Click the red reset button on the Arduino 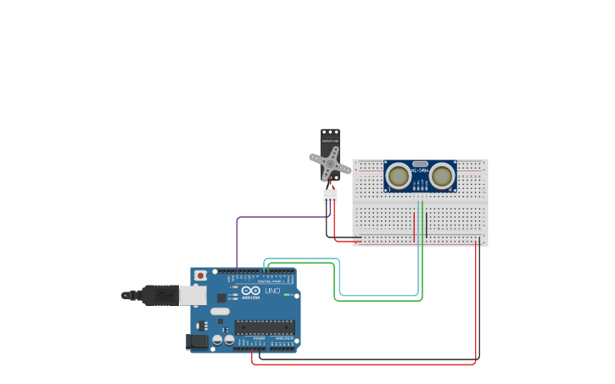200,275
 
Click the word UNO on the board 272,291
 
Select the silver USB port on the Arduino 193,295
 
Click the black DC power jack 196,342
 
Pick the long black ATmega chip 265,327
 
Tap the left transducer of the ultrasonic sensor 397,175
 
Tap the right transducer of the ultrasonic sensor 441,175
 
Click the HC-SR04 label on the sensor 419,170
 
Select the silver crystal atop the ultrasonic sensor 420,163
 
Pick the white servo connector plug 330,196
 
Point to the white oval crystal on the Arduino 220,311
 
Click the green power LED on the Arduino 296,296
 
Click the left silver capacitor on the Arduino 217,339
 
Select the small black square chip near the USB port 221,298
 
